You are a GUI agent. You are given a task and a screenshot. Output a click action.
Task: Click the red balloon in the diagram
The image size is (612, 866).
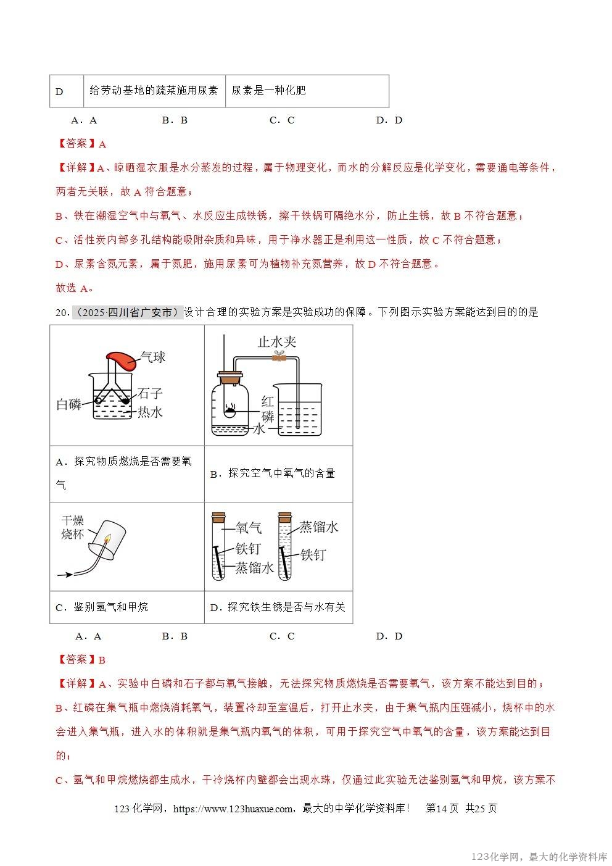click(x=122, y=360)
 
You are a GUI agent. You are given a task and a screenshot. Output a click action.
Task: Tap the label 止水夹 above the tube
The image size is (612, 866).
click(x=277, y=341)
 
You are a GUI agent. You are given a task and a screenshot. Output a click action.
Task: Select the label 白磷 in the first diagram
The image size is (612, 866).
click(x=68, y=404)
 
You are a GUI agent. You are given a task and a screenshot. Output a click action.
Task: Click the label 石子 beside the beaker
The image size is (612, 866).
click(x=151, y=393)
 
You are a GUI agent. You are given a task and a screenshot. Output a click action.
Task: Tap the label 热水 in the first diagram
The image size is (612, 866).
click(x=150, y=412)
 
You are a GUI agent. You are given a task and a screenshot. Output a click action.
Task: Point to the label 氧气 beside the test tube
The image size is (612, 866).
click(x=249, y=528)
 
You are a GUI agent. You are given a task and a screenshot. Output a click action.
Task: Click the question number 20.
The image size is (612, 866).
click(x=62, y=312)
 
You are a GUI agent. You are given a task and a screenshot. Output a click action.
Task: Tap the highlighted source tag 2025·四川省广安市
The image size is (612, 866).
click(x=128, y=312)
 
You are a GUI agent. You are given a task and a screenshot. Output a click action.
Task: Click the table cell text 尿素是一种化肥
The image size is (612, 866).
click(x=268, y=91)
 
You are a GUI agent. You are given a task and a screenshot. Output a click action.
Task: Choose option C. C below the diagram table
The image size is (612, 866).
click(x=282, y=636)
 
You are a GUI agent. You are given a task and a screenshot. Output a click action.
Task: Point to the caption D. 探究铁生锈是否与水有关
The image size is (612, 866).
click(x=278, y=607)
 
